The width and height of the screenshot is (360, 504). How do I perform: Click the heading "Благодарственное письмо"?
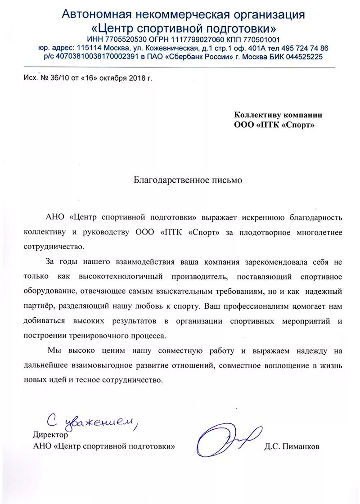click(x=188, y=180)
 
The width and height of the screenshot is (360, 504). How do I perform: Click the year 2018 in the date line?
click(x=136, y=78)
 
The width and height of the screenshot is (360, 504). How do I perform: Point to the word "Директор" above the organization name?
click(x=50, y=435)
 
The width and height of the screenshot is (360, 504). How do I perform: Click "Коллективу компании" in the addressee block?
click(x=278, y=115)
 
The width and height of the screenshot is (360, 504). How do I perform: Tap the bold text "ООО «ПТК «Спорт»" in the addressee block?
click(x=274, y=125)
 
